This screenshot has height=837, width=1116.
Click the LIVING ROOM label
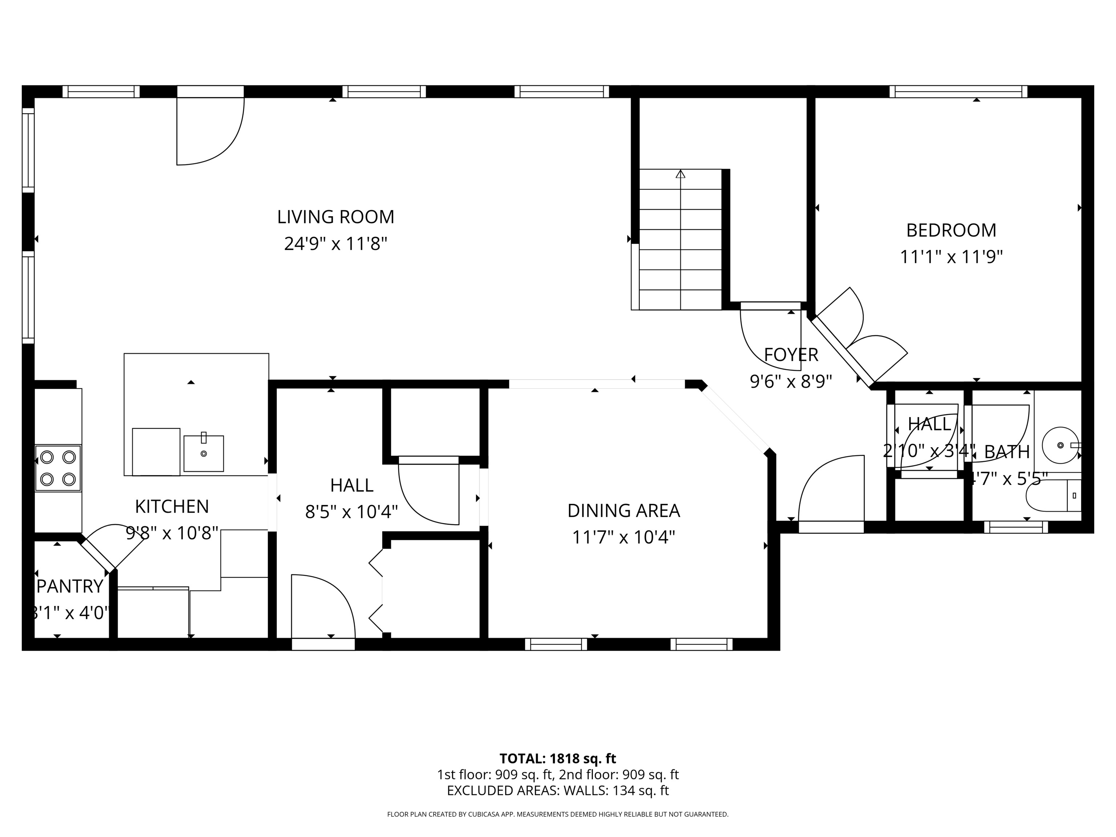336,217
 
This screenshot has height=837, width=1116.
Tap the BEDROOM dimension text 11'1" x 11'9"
951,257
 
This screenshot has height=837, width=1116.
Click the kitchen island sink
203,453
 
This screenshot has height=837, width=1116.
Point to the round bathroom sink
1060,445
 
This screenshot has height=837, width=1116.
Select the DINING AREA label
624,510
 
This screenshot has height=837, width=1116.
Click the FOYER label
790,355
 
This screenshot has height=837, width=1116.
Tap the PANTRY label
70,586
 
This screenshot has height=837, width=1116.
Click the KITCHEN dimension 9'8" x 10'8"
172,533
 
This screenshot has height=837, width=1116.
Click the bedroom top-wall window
958,91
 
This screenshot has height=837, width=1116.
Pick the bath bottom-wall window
1016,527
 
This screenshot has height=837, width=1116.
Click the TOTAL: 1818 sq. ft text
558,758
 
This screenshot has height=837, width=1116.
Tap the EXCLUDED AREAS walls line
558,790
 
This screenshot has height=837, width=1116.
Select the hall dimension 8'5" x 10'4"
351,512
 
